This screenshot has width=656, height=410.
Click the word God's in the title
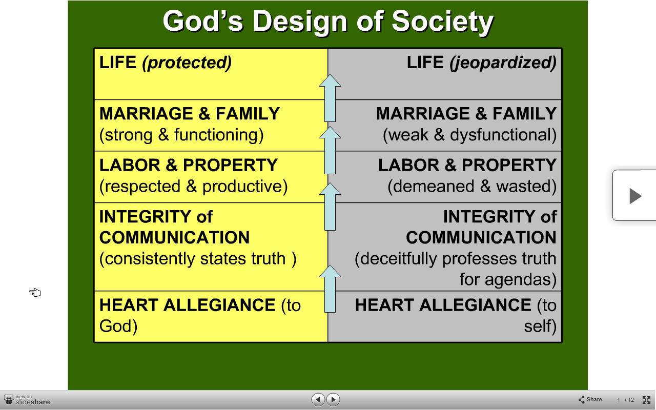[203, 21]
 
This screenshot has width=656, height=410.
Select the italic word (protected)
[187, 63]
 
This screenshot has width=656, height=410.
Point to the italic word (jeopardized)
[503, 63]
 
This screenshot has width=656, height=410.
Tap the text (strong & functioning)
[181, 135]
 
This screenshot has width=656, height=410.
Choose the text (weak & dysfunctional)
[470, 135]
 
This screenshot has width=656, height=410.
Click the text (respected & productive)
[194, 187]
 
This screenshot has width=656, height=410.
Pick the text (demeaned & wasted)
[472, 187]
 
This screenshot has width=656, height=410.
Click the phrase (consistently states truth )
[198, 259]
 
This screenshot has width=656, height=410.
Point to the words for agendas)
[508, 279]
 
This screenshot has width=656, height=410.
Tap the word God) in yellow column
[118, 326]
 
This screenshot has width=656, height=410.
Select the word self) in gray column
[540, 326]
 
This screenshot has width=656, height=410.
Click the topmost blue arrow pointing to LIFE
[330, 98]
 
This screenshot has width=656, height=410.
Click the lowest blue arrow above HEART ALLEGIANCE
[330, 289]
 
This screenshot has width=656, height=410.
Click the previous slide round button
[318, 399]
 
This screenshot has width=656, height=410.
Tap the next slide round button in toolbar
[333, 399]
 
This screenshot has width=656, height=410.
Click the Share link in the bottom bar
[590, 399]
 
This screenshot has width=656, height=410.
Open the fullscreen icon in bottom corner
[646, 400]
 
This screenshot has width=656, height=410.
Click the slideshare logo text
[32, 402]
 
